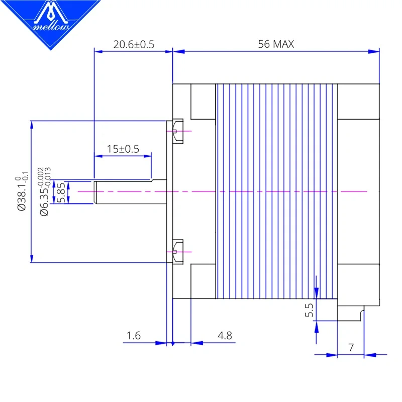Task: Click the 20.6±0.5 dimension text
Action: [x=133, y=44]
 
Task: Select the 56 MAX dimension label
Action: [x=276, y=44]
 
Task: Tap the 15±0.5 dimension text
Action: [x=123, y=149]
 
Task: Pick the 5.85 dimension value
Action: [x=60, y=192]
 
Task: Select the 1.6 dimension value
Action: [x=134, y=336]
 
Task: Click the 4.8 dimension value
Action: [x=225, y=336]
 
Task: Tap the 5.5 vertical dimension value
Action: [x=309, y=311]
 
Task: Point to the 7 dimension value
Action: [x=351, y=347]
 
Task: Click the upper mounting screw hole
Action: [x=176, y=130]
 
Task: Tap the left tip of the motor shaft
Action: [x=95, y=191]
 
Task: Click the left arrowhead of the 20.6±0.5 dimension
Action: [x=97, y=51]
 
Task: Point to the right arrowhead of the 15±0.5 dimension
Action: [x=148, y=156]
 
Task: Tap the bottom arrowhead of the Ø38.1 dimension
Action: [x=32, y=259]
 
